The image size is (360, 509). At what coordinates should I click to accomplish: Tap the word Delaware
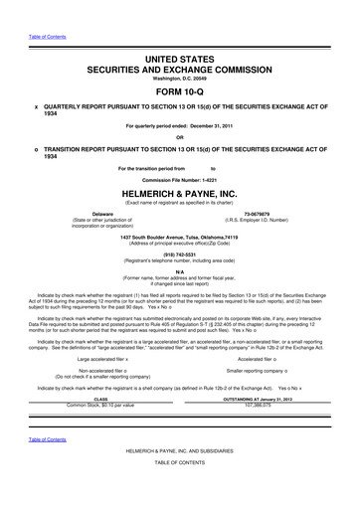(100, 214)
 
